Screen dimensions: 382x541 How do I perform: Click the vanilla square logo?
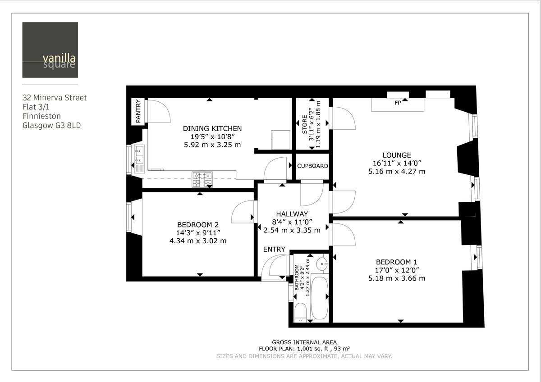pyautogui.click(x=50, y=50)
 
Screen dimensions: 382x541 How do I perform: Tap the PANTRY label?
pyautogui.click(x=138, y=111)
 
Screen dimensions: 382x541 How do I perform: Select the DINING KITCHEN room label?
pyautogui.click(x=212, y=128)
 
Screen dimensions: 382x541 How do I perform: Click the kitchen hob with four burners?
pyautogui.click(x=202, y=179)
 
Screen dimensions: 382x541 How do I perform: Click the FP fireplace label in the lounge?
pyautogui.click(x=398, y=103)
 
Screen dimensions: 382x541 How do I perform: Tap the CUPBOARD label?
pyautogui.click(x=312, y=166)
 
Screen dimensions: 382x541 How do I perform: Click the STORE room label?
pyautogui.click(x=304, y=125)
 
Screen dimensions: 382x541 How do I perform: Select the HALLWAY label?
pyautogui.click(x=292, y=214)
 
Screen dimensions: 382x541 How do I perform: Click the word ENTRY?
pyautogui.click(x=274, y=249)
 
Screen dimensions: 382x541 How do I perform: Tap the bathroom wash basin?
pyautogui.click(x=321, y=264)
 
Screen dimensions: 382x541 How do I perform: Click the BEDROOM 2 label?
pyautogui.click(x=198, y=225)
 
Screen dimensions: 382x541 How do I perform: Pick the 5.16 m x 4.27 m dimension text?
pyautogui.click(x=396, y=172)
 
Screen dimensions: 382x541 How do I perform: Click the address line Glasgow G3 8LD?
pyautogui.click(x=51, y=126)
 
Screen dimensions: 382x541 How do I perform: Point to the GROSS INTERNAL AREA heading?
pyautogui.click(x=304, y=342)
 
